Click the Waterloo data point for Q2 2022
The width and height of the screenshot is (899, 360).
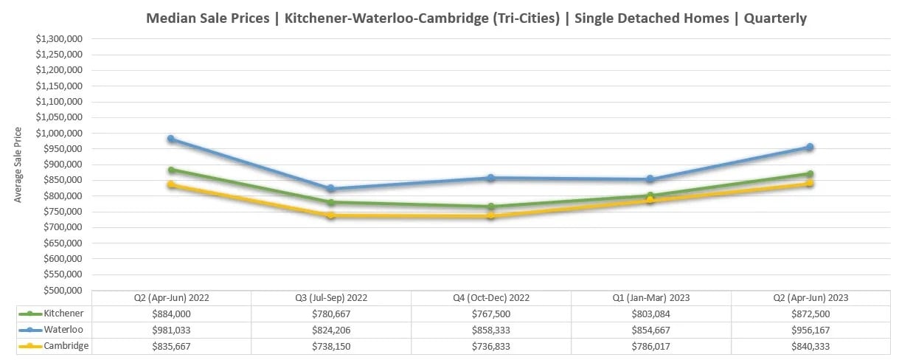tap(170, 139)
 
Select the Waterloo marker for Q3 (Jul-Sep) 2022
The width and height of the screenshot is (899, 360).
tap(331, 189)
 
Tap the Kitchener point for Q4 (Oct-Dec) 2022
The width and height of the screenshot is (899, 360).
tap(491, 207)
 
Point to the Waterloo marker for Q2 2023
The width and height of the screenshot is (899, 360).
tap(810, 147)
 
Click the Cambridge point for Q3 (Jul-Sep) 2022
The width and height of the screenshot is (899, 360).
tap(331, 215)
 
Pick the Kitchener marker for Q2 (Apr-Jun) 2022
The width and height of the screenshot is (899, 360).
tap(170, 170)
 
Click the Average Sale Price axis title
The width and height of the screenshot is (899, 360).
tap(18, 165)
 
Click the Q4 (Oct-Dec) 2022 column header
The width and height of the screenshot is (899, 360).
tap(491, 298)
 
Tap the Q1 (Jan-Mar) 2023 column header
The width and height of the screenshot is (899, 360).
tap(651, 298)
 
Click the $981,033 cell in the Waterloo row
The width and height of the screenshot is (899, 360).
tap(170, 330)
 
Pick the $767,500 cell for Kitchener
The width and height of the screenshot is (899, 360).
tap(491, 314)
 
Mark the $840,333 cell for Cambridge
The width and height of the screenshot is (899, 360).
tap(811, 346)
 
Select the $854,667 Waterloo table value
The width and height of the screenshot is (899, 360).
tap(651, 330)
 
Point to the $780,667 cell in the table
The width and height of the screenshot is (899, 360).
tap(331, 314)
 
